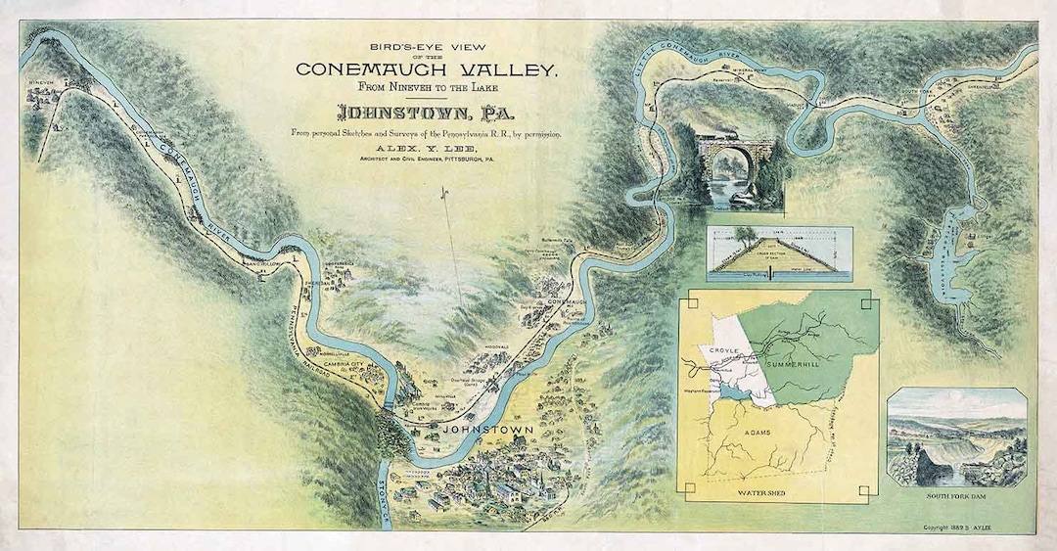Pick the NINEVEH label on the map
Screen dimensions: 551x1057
click(x=44, y=82)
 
